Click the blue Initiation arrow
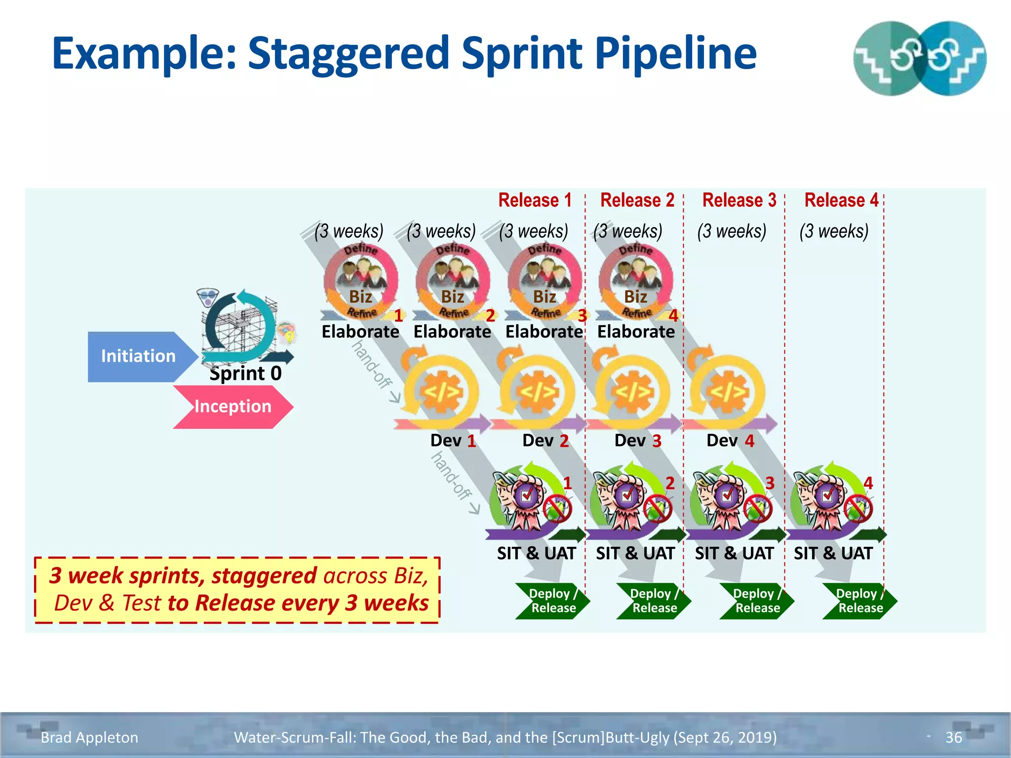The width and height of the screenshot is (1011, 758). (x=138, y=356)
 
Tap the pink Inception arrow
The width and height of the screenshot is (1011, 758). (x=233, y=407)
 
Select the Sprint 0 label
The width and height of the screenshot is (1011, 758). (x=245, y=373)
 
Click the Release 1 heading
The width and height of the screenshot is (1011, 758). (x=535, y=200)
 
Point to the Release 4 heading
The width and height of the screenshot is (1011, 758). (x=841, y=200)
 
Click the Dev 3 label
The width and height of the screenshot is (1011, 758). (x=637, y=440)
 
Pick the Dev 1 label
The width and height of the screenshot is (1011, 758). (x=453, y=440)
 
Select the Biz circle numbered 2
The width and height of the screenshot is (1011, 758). (x=453, y=281)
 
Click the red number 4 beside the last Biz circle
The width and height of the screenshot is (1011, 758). (x=673, y=316)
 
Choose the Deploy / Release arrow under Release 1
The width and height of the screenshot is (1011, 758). (x=552, y=601)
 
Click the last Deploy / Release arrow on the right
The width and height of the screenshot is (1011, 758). (x=859, y=601)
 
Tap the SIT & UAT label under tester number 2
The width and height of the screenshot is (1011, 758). (x=635, y=553)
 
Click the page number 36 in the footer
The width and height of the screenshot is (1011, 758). (x=953, y=737)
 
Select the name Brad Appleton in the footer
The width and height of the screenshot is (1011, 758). (x=89, y=737)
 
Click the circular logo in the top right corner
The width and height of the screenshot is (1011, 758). (x=919, y=58)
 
